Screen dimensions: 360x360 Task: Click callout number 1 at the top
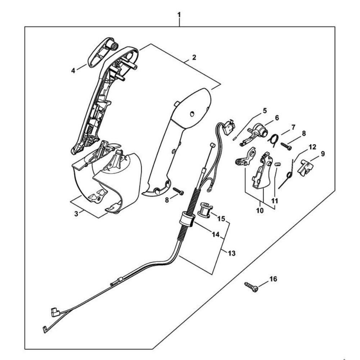179,15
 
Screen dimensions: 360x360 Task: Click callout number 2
194,57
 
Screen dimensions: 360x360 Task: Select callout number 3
76,213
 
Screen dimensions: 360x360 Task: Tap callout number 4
73,71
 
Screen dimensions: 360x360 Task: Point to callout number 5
265,111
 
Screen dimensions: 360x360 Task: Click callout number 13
232,253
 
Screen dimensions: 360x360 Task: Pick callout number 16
273,279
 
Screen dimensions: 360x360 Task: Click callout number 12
312,147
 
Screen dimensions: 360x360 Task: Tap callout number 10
260,211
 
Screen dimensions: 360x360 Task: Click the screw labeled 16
252,287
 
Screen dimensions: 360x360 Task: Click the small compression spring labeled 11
277,165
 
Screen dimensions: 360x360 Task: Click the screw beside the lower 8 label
179,191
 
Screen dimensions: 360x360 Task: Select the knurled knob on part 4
113,45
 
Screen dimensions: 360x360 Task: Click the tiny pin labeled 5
235,138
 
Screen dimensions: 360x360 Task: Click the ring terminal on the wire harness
209,189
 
